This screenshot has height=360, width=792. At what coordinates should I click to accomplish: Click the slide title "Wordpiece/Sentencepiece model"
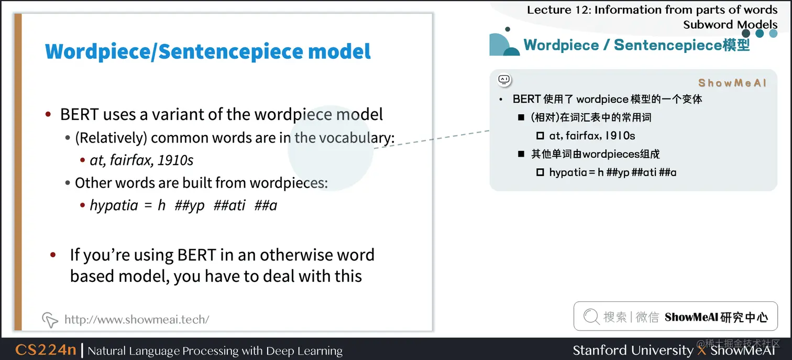pos(208,51)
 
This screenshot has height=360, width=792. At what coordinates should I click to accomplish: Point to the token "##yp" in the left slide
pos(189,205)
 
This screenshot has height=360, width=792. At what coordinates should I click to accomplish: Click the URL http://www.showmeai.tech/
pos(137,319)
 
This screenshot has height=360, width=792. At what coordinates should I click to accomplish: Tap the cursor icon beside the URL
pos(50,319)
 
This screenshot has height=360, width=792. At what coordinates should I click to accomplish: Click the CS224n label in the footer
pos(46,350)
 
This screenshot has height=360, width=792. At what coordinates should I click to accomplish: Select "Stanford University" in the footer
pos(633,350)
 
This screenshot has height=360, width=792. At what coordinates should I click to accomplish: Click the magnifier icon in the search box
pos(591,317)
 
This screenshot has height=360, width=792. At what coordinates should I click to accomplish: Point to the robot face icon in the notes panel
pos(504,80)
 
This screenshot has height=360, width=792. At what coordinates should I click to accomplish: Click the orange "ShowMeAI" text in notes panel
pos(732,83)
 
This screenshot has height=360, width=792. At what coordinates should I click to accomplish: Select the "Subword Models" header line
pos(730,24)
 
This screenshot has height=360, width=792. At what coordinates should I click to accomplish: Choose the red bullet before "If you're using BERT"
pos(52,255)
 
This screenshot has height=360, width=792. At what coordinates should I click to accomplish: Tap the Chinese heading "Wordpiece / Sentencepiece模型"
pos(636,45)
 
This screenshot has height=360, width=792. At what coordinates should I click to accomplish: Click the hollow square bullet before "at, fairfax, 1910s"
pos(540,136)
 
